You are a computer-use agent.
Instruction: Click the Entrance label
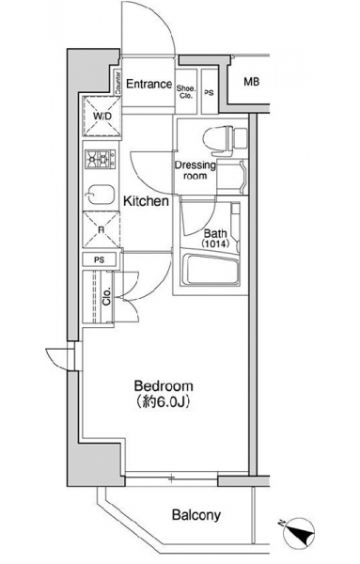coord(149,85)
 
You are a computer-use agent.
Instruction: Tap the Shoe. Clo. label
coord(186,92)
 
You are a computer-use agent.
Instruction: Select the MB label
coord(251,82)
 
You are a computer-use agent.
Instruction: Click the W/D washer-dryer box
coord(102,117)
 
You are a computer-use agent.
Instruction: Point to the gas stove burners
coord(101,159)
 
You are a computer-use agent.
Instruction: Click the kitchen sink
coord(100,195)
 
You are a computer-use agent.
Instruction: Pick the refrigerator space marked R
coord(102,229)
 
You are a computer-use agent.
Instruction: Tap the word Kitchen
coord(146,201)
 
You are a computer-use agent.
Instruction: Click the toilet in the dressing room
coord(226,140)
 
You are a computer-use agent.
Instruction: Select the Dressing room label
coord(196,170)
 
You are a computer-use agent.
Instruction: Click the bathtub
coord(211,270)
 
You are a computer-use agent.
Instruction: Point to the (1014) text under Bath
coord(215,243)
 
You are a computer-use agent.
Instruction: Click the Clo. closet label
coord(106,297)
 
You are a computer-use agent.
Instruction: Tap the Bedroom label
coord(164,386)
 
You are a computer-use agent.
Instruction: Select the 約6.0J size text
coord(164,401)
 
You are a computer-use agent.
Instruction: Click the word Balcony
coord(196,515)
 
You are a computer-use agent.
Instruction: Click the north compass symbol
coord(298,533)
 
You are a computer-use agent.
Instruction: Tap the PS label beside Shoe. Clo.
coord(209,93)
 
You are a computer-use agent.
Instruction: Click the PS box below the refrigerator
coord(100,259)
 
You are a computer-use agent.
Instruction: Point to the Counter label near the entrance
coord(117,83)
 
